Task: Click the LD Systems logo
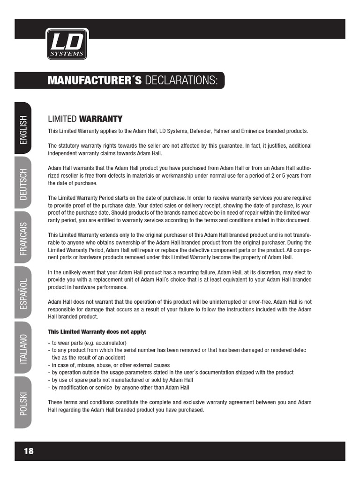67,45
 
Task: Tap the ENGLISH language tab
23,129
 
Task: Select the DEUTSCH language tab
23,184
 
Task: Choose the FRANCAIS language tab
23,239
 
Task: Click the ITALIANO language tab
23,349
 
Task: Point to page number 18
29,451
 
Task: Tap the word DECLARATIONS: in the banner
182,81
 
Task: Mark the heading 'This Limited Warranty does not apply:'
97,332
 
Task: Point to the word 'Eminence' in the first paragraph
242,131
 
